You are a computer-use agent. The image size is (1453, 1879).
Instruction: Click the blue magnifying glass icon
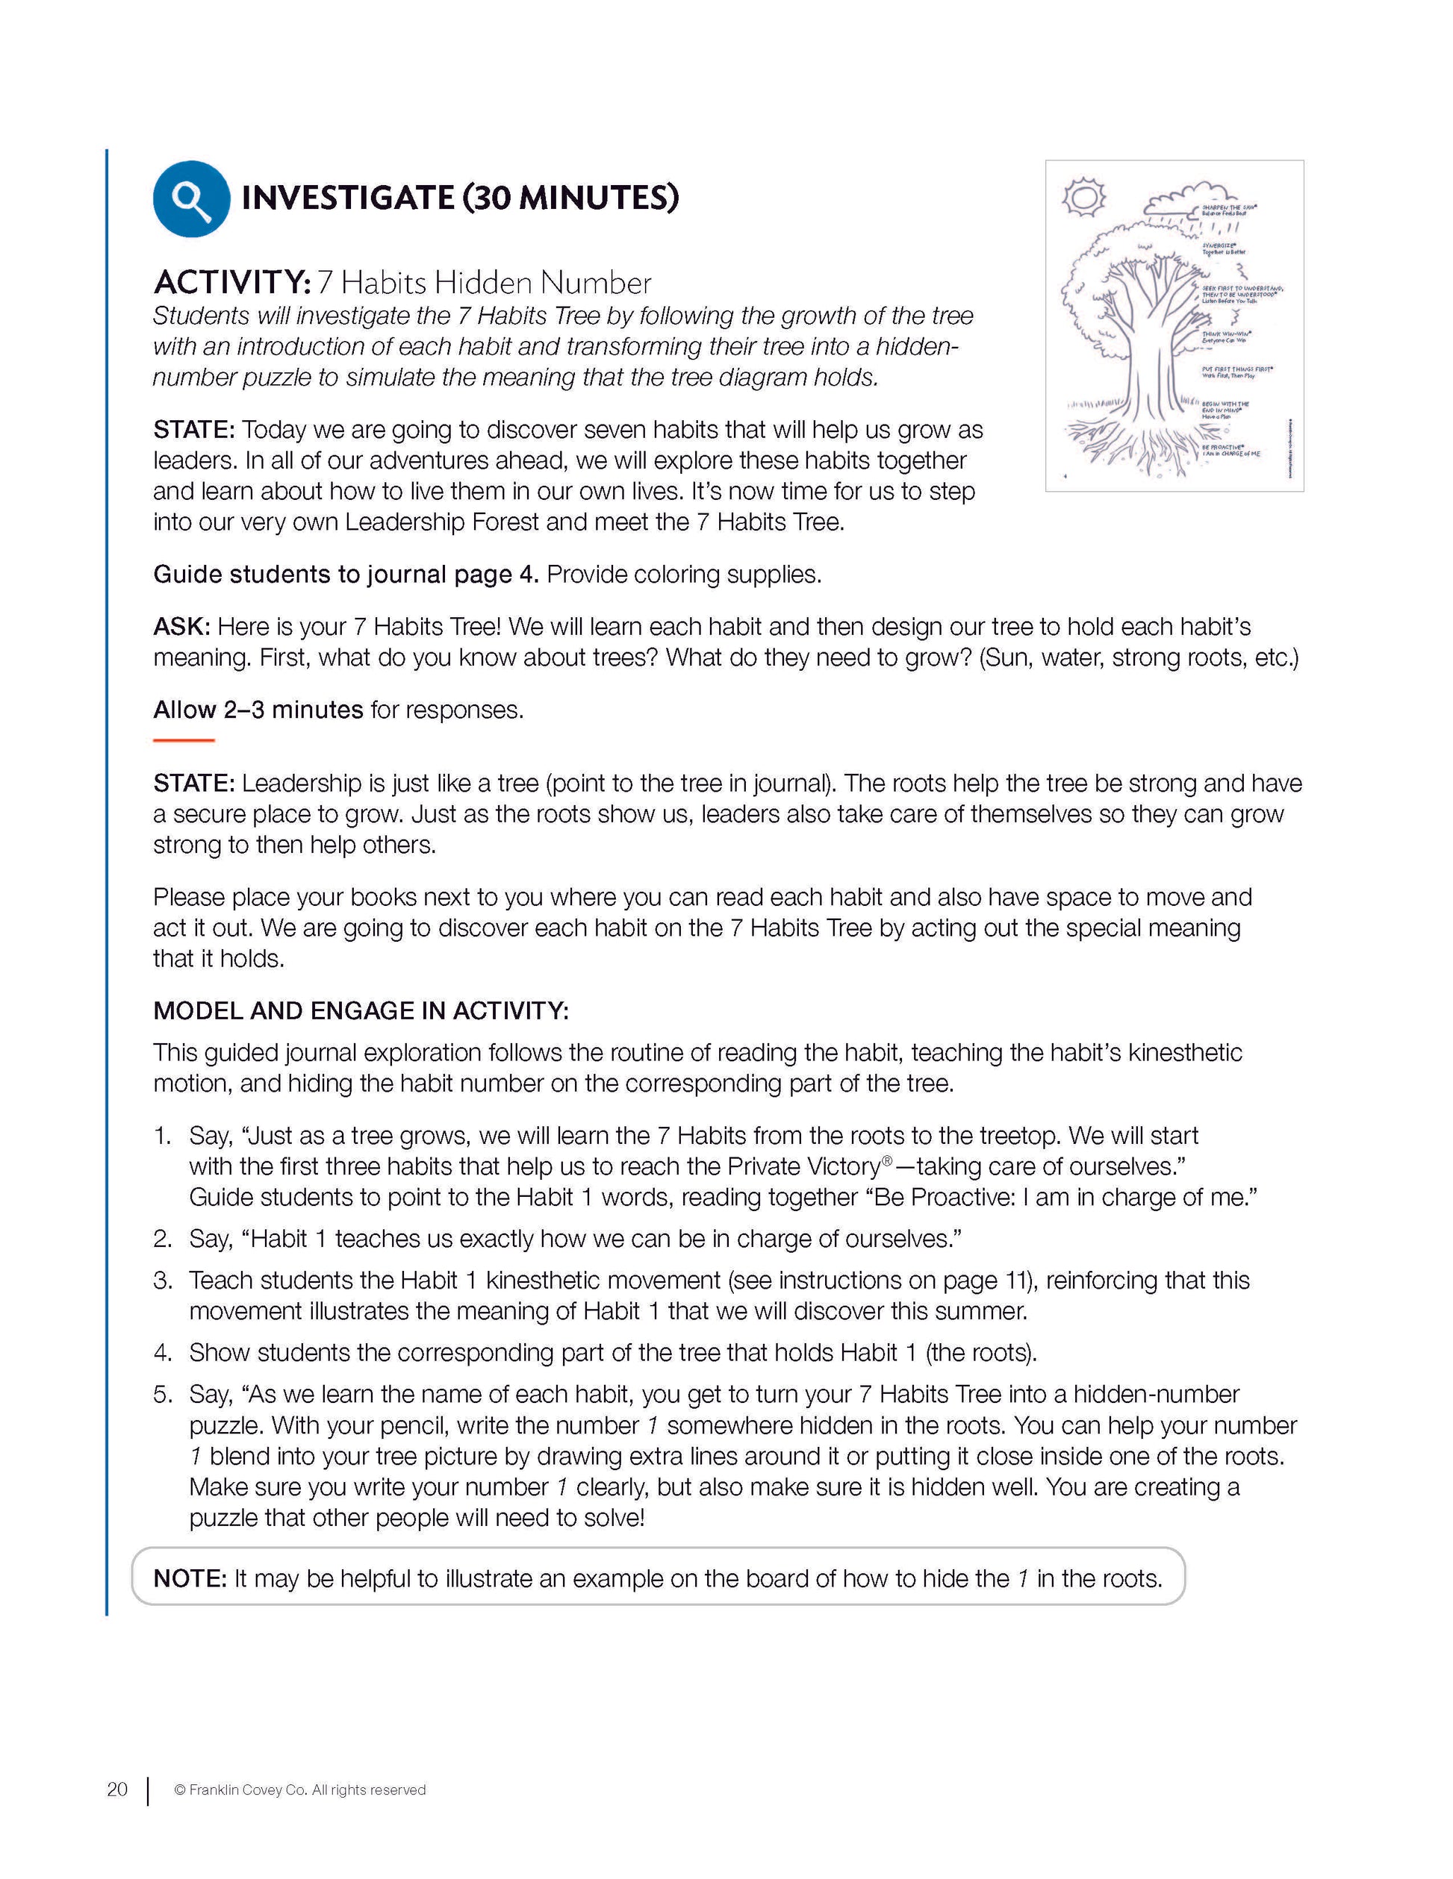(x=191, y=198)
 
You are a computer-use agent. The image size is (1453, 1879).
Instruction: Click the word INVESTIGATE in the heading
(x=347, y=198)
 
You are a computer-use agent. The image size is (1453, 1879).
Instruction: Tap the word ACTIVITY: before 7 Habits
(x=231, y=282)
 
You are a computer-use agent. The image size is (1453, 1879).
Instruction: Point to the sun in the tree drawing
(x=1083, y=197)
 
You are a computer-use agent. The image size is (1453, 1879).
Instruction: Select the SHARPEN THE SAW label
(x=1228, y=210)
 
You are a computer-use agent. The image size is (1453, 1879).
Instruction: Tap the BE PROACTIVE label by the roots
(x=1230, y=450)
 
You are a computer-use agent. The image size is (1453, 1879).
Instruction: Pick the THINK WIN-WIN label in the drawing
(x=1226, y=337)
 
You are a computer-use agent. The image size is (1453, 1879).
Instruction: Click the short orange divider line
(x=184, y=740)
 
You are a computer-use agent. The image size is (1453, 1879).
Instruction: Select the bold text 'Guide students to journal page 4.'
(x=346, y=574)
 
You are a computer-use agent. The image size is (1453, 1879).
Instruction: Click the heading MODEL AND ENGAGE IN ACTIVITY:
(x=361, y=1010)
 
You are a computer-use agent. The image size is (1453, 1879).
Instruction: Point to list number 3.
(x=164, y=1281)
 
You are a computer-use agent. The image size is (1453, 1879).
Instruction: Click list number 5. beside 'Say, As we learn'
(x=164, y=1394)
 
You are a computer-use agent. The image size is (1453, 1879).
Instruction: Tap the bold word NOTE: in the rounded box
(x=190, y=1579)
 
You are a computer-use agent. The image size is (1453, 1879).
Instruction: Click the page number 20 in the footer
(x=117, y=1789)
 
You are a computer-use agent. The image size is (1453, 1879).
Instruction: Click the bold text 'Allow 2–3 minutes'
(x=258, y=710)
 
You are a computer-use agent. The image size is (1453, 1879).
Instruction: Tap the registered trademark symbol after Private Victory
(x=888, y=1161)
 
